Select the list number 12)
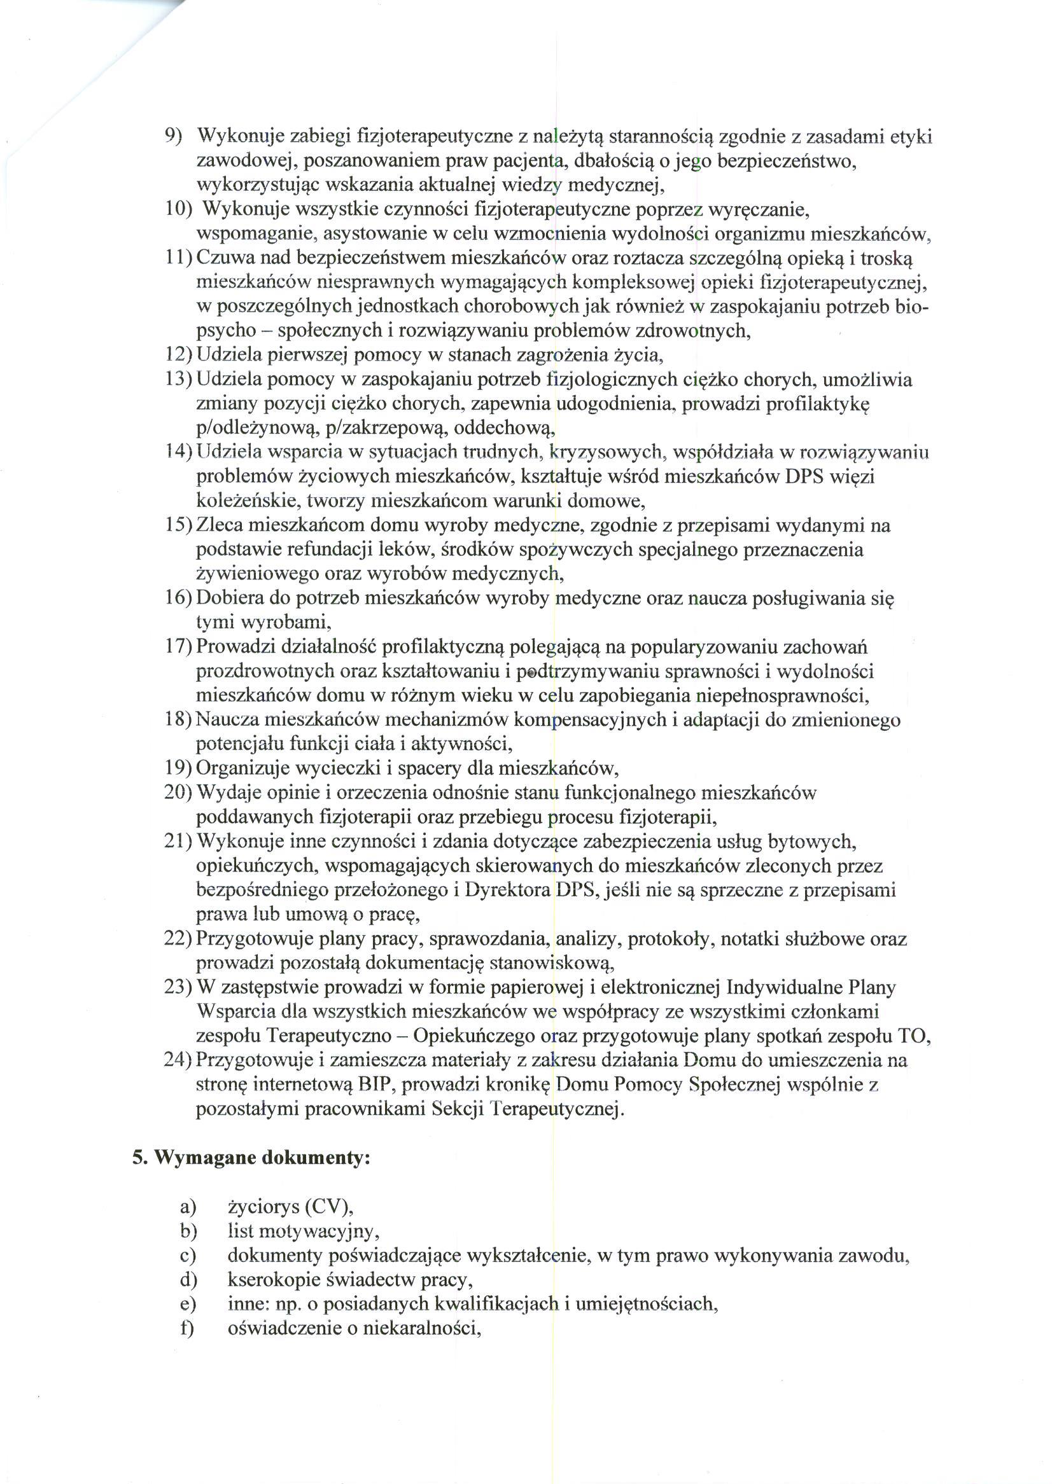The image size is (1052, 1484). click(178, 356)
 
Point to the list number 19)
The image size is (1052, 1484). click(178, 768)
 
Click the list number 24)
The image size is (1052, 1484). click(178, 1060)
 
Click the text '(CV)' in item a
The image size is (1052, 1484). click(326, 1207)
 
